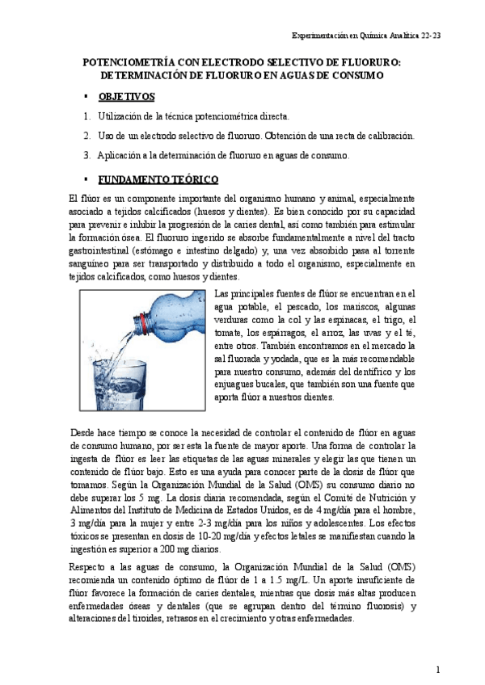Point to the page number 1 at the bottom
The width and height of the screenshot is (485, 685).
point(437,669)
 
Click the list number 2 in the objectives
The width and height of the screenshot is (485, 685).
point(86,136)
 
